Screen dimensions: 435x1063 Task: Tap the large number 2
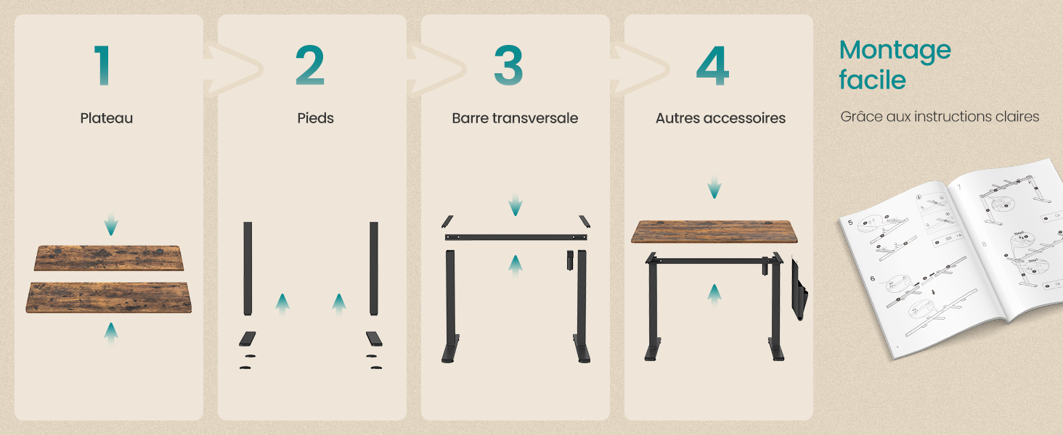pyautogui.click(x=310, y=65)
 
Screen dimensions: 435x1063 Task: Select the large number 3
pyautogui.click(x=508, y=65)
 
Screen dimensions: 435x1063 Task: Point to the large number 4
pyautogui.click(x=712, y=65)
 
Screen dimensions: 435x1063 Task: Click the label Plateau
pyautogui.click(x=107, y=118)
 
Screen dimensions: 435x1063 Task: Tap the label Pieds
pyautogui.click(x=315, y=118)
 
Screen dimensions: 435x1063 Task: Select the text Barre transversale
pyautogui.click(x=515, y=118)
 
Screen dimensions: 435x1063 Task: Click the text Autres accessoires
pyautogui.click(x=720, y=118)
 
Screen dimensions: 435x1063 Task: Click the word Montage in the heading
pyautogui.click(x=895, y=50)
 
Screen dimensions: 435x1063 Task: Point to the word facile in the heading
pyautogui.click(x=872, y=80)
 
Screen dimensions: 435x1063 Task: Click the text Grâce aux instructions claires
pyautogui.click(x=940, y=117)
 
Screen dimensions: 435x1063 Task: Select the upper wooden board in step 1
pyautogui.click(x=109, y=258)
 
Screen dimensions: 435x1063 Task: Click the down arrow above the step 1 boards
pyautogui.click(x=110, y=224)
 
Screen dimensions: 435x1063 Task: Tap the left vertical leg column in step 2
pyautogui.click(x=248, y=268)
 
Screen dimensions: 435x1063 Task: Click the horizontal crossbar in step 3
pyautogui.click(x=515, y=237)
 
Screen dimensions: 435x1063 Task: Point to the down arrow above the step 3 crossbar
pyautogui.click(x=515, y=205)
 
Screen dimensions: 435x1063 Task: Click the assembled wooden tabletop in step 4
pyautogui.click(x=714, y=231)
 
